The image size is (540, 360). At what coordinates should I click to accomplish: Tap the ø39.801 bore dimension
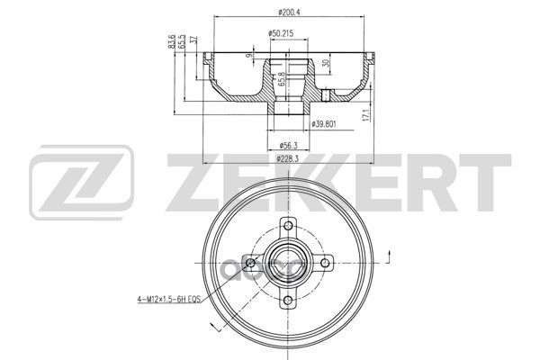[324, 123]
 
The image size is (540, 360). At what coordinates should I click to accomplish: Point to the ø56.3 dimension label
[289, 144]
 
